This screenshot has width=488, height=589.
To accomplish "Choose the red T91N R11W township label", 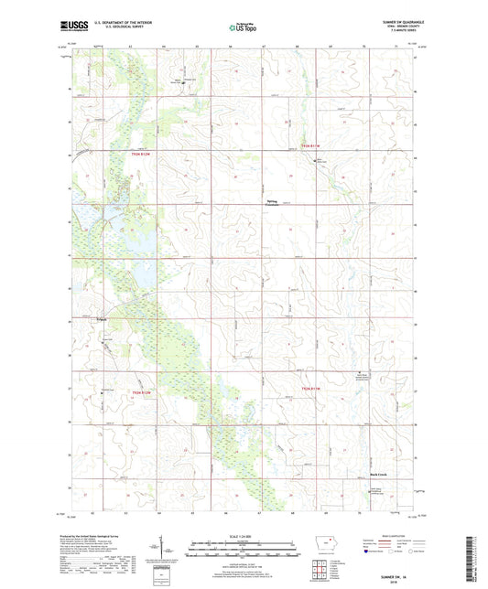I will [x=313, y=389].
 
